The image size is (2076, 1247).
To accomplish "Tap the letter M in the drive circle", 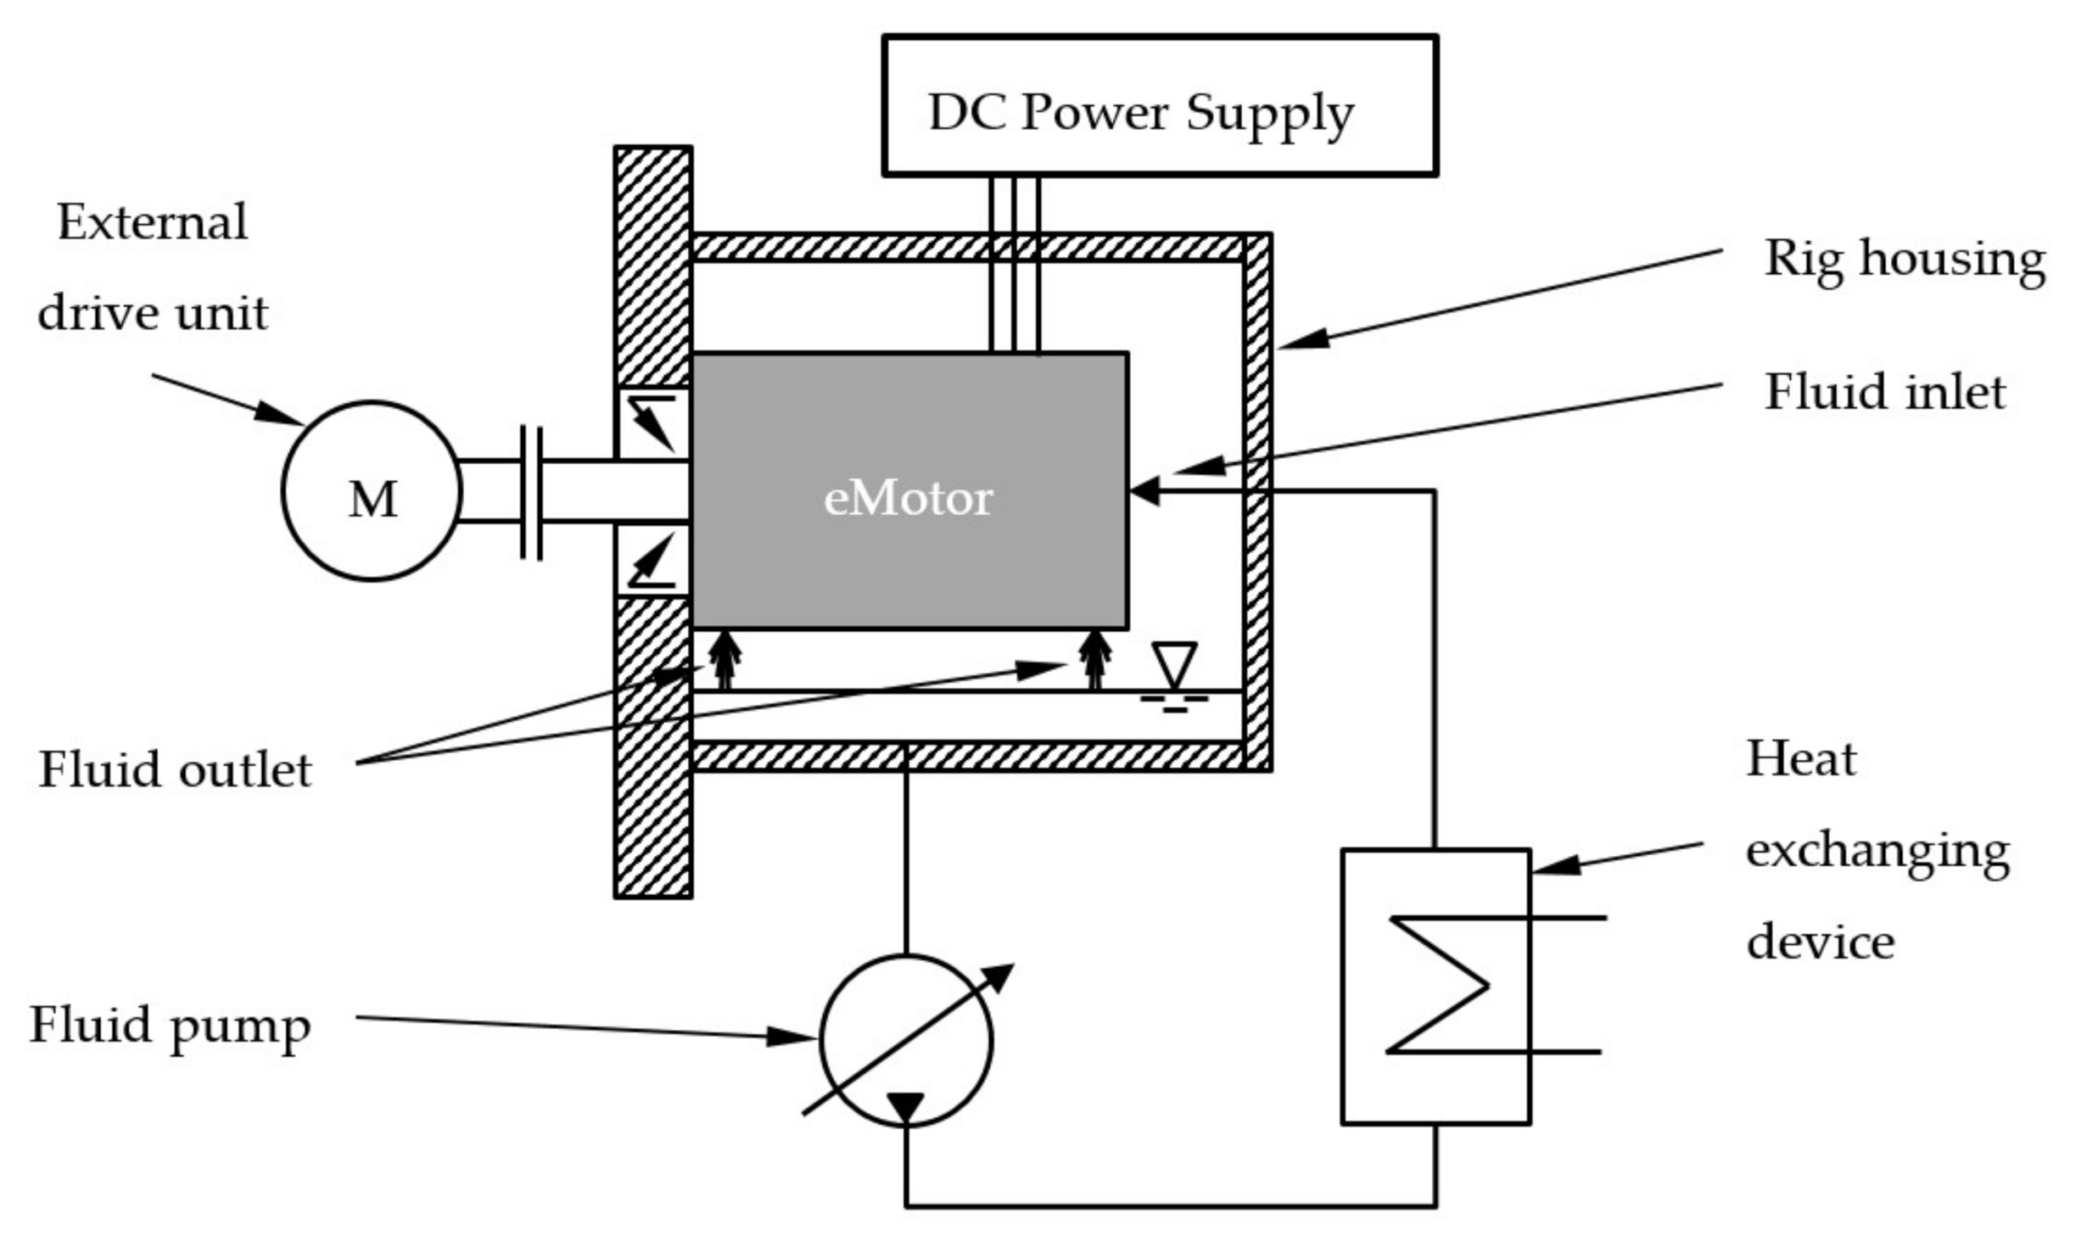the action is click(x=372, y=499).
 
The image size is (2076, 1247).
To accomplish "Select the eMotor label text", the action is click(x=908, y=498).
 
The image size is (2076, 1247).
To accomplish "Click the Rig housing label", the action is click(x=1905, y=259).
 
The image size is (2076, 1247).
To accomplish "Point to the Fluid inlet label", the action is click(x=1885, y=392).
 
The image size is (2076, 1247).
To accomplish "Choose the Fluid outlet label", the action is click(x=176, y=769).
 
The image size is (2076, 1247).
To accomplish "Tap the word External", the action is click(x=153, y=222).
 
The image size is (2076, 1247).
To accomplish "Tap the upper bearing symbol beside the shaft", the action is click(x=652, y=423).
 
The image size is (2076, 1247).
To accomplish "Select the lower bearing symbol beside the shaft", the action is click(x=652, y=559).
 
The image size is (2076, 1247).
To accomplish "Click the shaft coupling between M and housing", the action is click(x=531, y=492).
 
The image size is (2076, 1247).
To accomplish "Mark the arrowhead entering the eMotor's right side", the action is click(x=1144, y=490).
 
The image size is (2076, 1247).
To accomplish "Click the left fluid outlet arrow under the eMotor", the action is click(x=725, y=660).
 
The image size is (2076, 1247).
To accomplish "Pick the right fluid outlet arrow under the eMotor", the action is click(x=1094, y=660).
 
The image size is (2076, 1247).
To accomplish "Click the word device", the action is click(x=1821, y=942).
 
